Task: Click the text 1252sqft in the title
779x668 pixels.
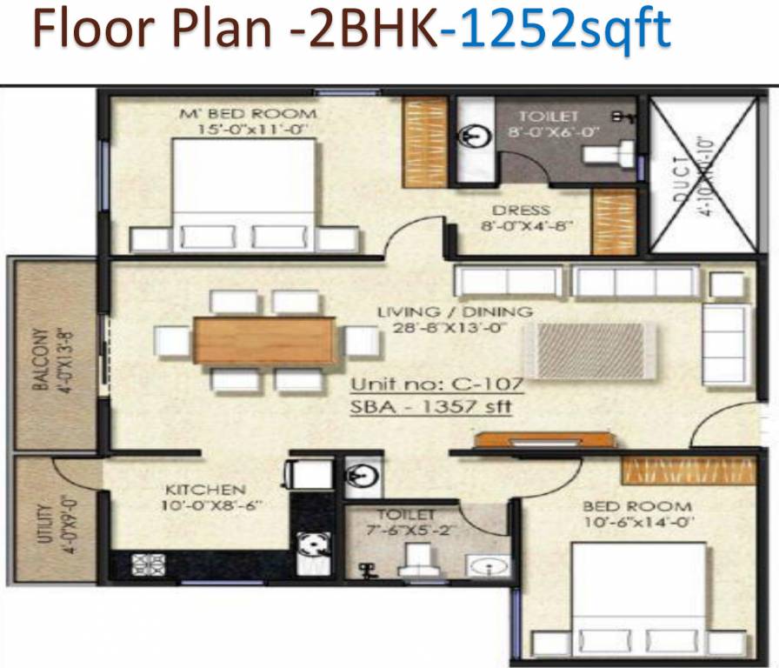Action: click(x=556, y=29)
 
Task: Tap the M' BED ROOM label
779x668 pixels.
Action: click(x=249, y=114)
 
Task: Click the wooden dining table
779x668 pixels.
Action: click(x=264, y=340)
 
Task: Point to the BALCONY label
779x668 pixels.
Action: click(x=40, y=358)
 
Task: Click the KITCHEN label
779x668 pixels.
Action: click(x=206, y=490)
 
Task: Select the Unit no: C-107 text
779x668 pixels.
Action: click(x=435, y=384)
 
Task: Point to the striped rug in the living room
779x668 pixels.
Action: click(x=584, y=350)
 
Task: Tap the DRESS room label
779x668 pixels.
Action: click(x=521, y=210)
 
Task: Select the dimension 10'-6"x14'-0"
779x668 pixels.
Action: click(x=637, y=523)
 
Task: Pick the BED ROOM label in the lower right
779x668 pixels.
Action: click(x=637, y=506)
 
